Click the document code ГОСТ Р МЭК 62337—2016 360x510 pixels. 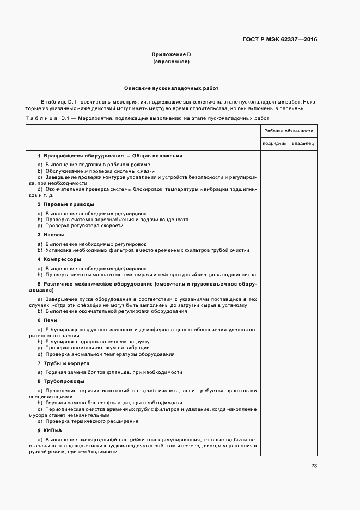(279, 39)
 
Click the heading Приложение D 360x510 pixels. (171, 54)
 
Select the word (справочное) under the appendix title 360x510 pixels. (171, 62)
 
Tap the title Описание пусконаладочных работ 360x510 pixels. (171, 88)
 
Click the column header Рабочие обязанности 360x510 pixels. (288, 131)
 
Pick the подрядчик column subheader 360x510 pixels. (274, 144)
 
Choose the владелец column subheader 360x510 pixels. (302, 144)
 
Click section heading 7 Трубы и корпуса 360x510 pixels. (63, 363)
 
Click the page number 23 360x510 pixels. (314, 465)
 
